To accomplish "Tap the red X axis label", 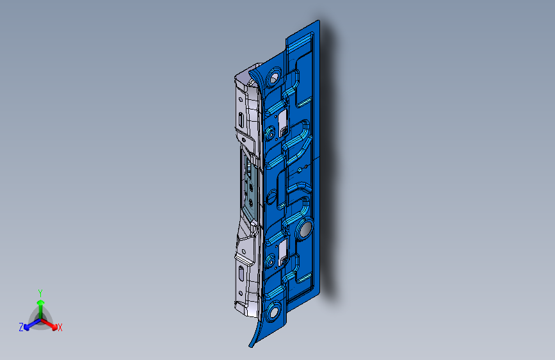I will [60, 328].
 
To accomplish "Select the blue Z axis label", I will [21, 327].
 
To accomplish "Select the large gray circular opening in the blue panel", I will [305, 228].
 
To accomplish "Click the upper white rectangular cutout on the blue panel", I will [282, 119].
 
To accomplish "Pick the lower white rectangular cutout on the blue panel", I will [282, 245].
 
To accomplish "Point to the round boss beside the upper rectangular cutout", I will [269, 133].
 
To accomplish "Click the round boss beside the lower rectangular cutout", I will [269, 260].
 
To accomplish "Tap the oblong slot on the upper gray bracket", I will [239, 119].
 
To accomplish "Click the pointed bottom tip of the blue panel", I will [251, 346].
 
